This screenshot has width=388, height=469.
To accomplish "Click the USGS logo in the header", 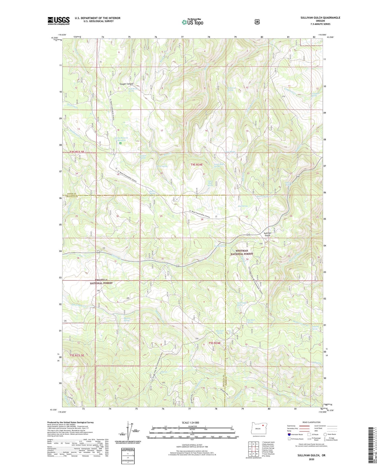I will click(x=58, y=21).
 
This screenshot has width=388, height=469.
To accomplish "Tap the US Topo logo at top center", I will click(x=192, y=22).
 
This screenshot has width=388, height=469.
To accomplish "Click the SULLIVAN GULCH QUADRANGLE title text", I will click(x=320, y=18).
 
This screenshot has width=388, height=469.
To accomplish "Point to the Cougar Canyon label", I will click(x=126, y=84).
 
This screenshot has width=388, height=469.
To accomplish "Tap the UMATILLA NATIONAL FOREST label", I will click(x=101, y=281).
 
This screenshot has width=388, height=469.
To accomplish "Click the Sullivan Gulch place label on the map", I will click(x=267, y=234).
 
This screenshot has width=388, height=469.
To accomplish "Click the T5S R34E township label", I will click(x=213, y=343).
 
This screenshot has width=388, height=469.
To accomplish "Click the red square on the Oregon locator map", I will click(x=263, y=425).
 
